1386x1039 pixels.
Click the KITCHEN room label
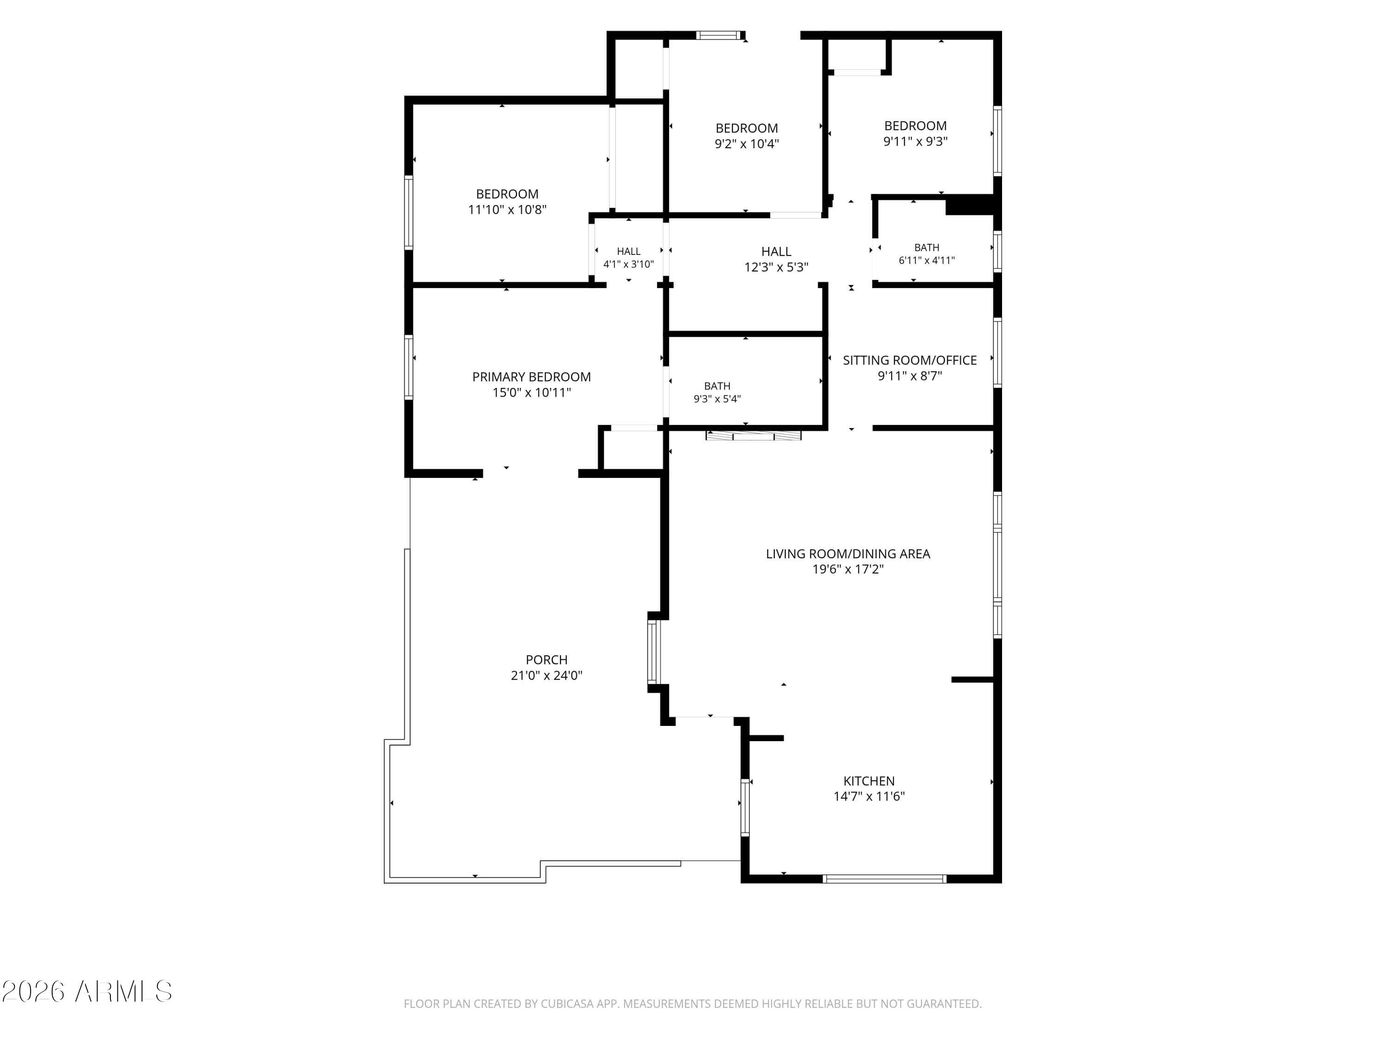[x=869, y=781]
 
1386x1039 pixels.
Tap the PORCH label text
[x=547, y=659]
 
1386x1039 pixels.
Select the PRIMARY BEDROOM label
[x=531, y=377]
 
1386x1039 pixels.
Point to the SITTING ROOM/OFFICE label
[x=910, y=360]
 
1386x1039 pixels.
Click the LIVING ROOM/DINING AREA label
[x=848, y=554]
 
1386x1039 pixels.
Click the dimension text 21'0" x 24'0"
[x=547, y=675]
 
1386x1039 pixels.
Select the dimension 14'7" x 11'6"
[x=869, y=797]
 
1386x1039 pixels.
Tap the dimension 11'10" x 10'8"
[x=507, y=210]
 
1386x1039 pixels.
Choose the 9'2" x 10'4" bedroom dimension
[x=747, y=144]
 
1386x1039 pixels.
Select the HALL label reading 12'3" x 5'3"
[x=776, y=259]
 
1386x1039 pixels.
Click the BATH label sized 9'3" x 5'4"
[x=717, y=393]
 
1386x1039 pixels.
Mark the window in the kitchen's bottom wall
[x=884, y=879]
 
